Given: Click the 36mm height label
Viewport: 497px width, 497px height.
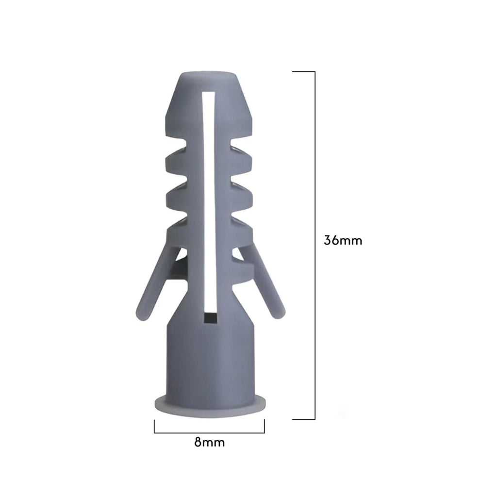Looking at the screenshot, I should coord(343,240).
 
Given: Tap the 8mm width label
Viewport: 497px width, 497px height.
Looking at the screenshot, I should coord(209,442).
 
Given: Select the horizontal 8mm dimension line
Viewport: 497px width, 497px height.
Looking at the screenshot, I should coord(209,432).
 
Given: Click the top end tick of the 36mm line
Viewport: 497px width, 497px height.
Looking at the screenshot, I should coord(303,72).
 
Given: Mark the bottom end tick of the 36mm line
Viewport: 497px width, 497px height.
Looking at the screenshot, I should coord(303,419).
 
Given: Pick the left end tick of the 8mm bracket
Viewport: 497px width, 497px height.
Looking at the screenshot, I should coord(154,426).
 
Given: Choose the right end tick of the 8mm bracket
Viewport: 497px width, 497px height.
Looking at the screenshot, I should coord(264,426).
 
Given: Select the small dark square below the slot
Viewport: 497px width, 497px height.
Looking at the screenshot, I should coord(210,318).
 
